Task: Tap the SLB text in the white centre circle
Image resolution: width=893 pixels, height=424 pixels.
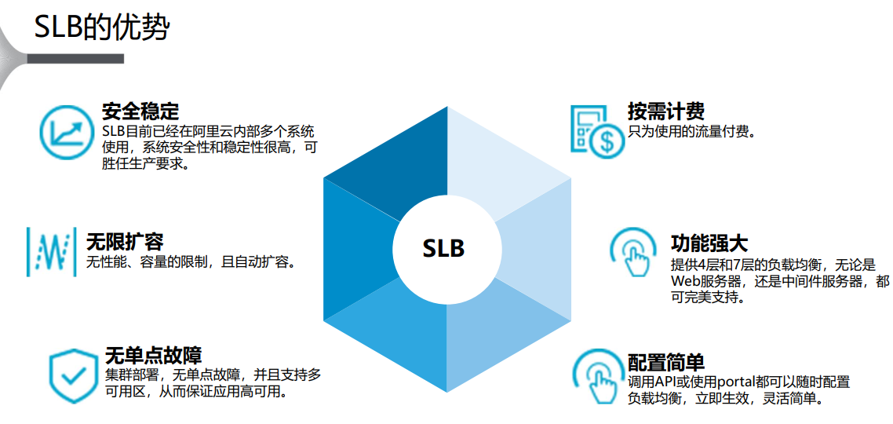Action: click(x=444, y=248)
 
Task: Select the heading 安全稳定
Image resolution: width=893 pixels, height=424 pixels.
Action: click(x=140, y=110)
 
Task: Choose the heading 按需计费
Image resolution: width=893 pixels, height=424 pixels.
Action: click(x=666, y=111)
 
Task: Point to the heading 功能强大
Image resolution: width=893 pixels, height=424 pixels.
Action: click(x=709, y=243)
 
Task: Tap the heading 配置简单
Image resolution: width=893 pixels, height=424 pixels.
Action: click(x=666, y=362)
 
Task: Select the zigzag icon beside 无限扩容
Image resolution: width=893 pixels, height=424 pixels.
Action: click(x=52, y=251)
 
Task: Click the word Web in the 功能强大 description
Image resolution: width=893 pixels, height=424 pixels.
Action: click(x=685, y=282)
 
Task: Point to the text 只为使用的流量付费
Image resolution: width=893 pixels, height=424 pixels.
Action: click(x=691, y=130)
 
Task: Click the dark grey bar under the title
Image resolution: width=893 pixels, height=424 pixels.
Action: click(x=75, y=59)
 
